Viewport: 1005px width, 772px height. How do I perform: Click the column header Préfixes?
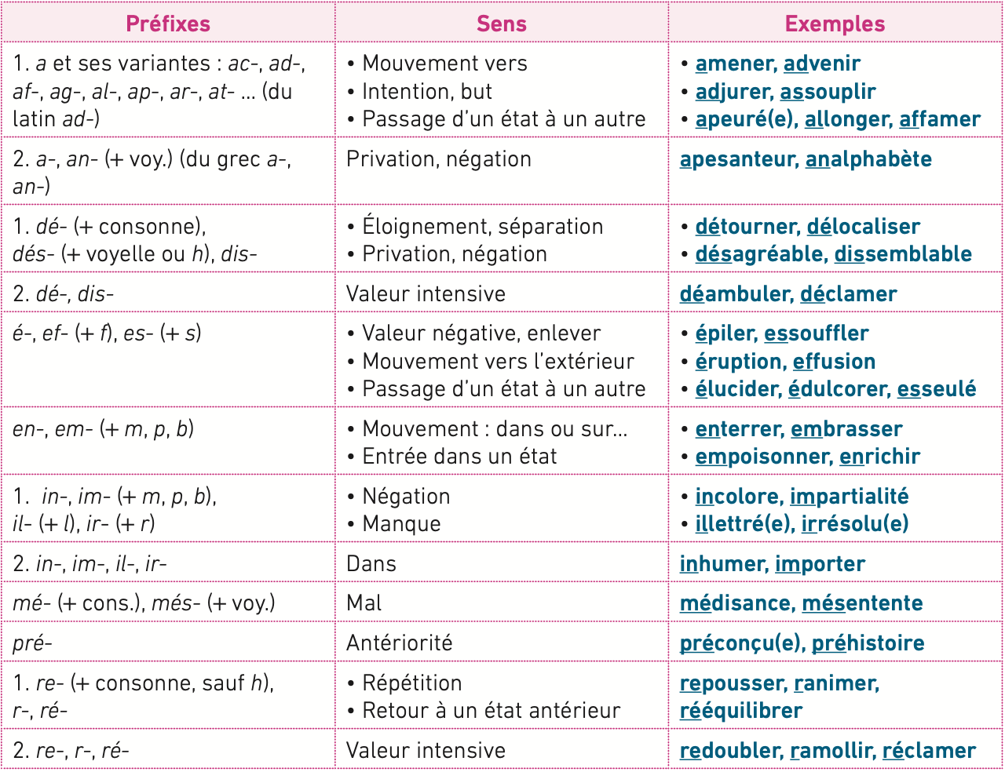[x=168, y=24]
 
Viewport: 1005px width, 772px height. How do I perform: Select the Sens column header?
[x=501, y=24]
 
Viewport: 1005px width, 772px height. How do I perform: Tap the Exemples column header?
[x=835, y=24]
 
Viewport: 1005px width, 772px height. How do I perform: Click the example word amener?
[x=734, y=64]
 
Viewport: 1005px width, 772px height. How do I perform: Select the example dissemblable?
[x=903, y=254]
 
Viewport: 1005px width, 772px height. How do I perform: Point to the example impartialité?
[x=849, y=497]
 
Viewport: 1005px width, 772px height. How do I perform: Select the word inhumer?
[x=722, y=564]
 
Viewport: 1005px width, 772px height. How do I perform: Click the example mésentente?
[x=862, y=603]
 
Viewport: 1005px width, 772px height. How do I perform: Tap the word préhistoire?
[x=868, y=643]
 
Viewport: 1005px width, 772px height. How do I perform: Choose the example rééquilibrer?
[x=740, y=711]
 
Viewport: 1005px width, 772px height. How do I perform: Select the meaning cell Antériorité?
[x=399, y=643]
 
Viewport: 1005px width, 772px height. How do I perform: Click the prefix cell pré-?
[x=32, y=643]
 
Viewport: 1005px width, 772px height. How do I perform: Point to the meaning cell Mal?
[x=364, y=603]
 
